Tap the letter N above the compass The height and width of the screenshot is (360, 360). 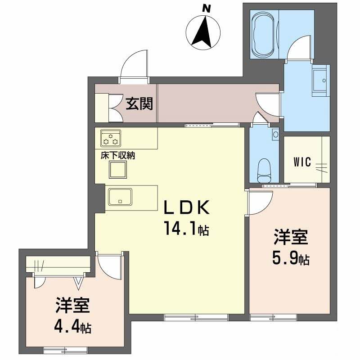(207, 9)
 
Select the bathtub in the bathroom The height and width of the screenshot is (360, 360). (264, 35)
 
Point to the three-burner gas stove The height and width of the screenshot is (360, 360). (111, 138)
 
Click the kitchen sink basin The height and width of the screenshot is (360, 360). (120, 197)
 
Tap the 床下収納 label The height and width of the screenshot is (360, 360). (118, 156)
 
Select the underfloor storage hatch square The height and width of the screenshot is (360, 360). (118, 170)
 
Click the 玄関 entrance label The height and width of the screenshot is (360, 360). (139, 103)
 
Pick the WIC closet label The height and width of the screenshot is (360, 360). (302, 162)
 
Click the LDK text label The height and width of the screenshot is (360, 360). (186, 207)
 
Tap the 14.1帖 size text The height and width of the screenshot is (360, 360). (186, 229)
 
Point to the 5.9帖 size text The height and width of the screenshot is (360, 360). (291, 258)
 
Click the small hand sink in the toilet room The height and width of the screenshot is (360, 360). (275, 134)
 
